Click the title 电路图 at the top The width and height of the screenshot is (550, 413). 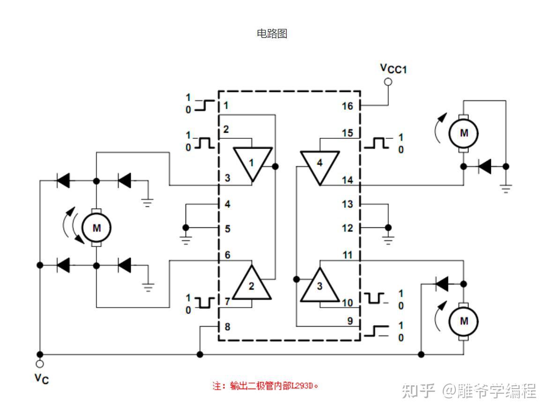[x=272, y=34]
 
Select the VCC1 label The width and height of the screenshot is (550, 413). [x=393, y=68]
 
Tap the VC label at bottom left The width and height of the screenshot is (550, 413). [x=41, y=378]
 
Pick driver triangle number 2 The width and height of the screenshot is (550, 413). [x=252, y=284]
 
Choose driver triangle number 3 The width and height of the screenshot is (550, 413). [x=320, y=286]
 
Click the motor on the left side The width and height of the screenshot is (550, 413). [x=96, y=228]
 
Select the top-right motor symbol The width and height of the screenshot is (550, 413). [x=463, y=133]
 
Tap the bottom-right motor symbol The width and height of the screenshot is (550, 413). [x=463, y=321]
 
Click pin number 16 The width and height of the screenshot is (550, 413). [x=347, y=105]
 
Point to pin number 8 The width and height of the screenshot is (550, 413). [x=227, y=327]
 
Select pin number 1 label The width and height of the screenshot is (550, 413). [x=226, y=105]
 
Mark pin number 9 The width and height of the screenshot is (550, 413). [x=349, y=322]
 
